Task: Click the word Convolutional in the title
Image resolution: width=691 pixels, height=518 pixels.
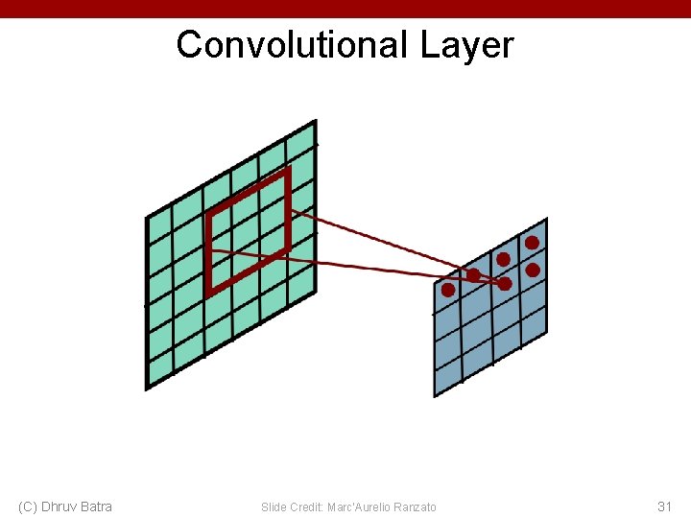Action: (x=293, y=45)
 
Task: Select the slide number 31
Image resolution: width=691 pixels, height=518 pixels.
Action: (x=664, y=506)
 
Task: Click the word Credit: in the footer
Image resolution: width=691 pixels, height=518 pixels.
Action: (x=305, y=506)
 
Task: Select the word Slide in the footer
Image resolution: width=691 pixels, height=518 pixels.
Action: (x=273, y=506)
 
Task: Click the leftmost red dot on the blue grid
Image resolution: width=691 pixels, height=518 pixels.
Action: (x=447, y=290)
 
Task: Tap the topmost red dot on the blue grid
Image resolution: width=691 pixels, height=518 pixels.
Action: (x=532, y=243)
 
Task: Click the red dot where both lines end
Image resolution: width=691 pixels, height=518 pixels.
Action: (x=505, y=284)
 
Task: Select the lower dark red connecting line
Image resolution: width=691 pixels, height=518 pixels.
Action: (x=365, y=266)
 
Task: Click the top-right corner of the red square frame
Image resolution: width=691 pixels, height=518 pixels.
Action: (x=286, y=172)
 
